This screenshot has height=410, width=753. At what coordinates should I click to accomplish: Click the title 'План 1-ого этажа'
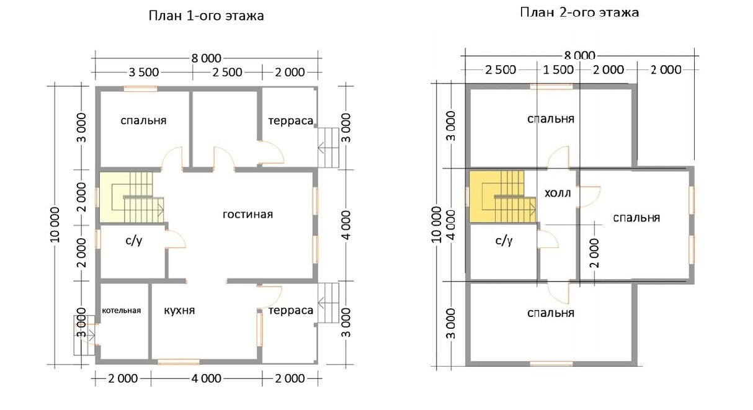click(206, 16)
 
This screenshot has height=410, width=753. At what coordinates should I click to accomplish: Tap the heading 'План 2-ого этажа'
click(579, 12)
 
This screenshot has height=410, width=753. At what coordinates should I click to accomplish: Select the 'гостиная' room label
click(247, 214)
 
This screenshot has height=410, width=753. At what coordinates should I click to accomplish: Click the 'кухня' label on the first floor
click(179, 310)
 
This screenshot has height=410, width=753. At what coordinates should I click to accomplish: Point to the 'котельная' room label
click(122, 311)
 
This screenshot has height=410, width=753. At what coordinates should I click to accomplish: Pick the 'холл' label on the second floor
click(558, 193)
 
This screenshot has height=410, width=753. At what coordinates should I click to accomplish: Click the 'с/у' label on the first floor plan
click(134, 241)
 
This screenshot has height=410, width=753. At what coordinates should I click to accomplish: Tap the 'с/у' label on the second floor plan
click(504, 241)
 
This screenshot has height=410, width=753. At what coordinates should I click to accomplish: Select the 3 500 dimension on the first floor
click(143, 72)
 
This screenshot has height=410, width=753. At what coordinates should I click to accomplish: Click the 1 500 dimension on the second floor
click(558, 70)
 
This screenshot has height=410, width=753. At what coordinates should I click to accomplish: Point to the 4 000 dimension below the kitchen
click(207, 379)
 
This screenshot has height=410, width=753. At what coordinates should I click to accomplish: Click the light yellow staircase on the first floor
click(131, 197)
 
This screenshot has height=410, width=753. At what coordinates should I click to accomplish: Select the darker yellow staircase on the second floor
click(502, 197)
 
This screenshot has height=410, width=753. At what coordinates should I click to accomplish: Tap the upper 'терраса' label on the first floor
click(290, 120)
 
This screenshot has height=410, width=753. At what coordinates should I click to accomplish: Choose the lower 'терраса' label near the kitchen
click(290, 310)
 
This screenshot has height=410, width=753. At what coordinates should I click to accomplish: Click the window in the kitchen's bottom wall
click(179, 362)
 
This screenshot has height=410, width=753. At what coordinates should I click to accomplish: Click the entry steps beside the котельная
click(84, 335)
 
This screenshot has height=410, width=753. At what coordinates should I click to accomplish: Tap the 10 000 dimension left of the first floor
click(55, 225)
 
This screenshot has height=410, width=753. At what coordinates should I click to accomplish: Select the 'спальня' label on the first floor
click(143, 120)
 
